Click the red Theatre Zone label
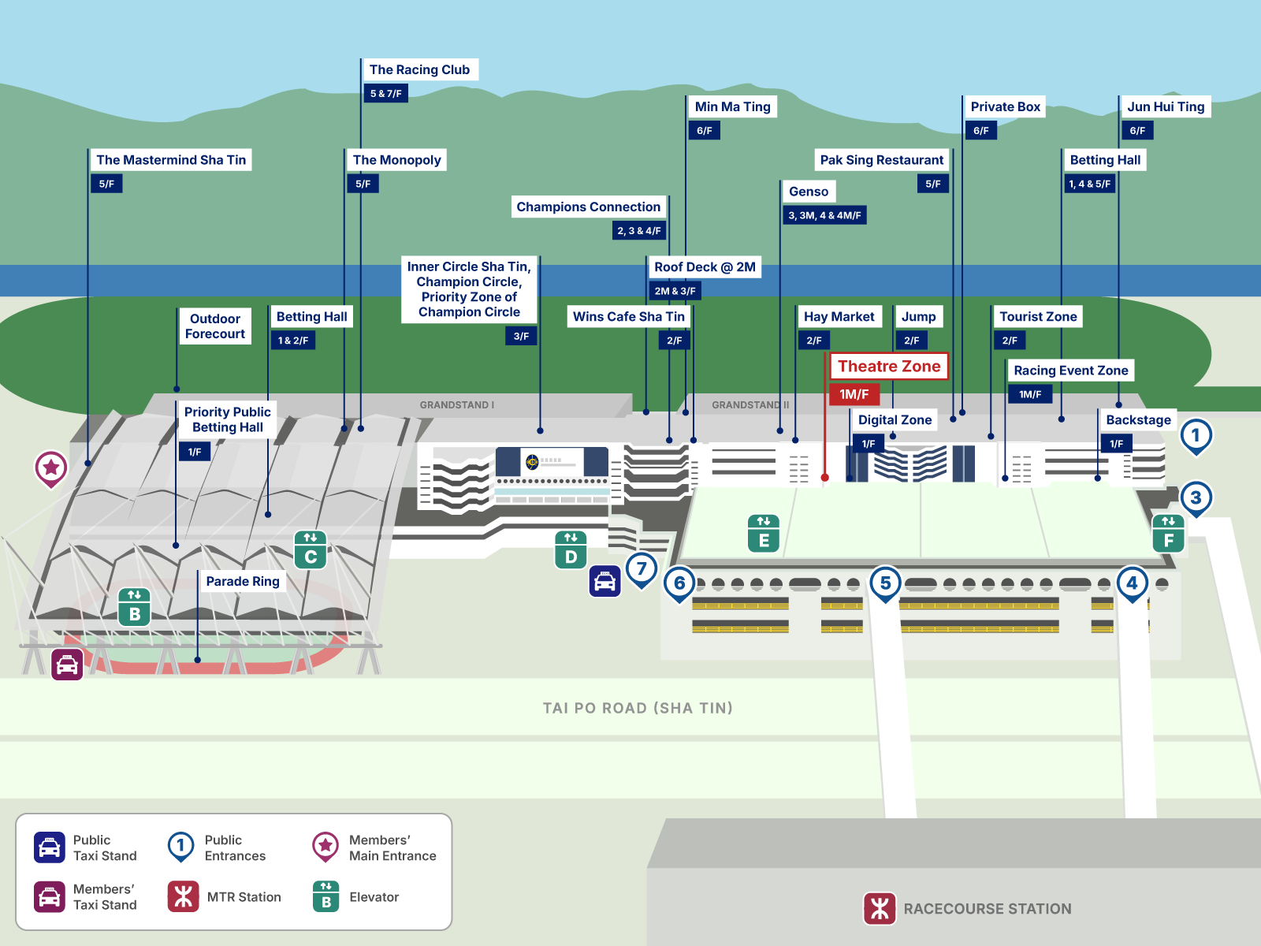coord(888,366)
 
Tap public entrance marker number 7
coord(642,568)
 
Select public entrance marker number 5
coord(885,583)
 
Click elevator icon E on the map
coord(764,534)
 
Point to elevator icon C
coord(311,549)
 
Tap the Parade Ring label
coord(243,581)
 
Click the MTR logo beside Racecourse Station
coord(880,908)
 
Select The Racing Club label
coord(419,69)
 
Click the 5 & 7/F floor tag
coord(385,93)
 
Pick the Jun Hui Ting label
coord(1166,106)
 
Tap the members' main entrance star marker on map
coord(51,467)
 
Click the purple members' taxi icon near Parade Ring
coord(67,665)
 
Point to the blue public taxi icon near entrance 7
coord(604,582)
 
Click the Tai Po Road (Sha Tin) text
coord(638,708)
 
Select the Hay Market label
coord(839,316)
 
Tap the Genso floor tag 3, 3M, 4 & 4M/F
coord(824,215)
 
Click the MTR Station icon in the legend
coord(183,896)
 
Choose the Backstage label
coord(1138,419)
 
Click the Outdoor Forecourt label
coord(214,326)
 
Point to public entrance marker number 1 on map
coord(1196,435)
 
